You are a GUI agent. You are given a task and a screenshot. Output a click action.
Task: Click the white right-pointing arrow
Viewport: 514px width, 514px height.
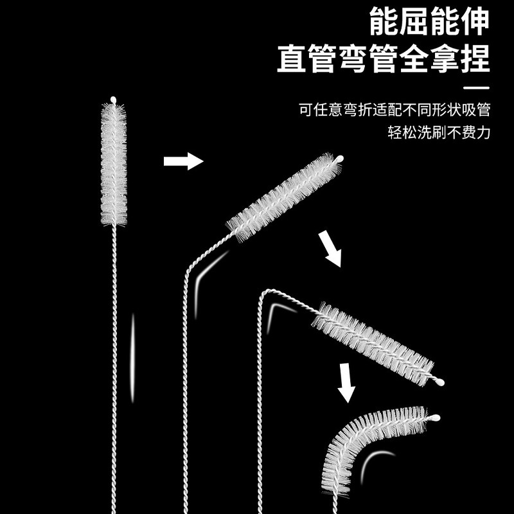point(183,161)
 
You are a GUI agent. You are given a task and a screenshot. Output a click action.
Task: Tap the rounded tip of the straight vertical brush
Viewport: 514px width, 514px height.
point(114,100)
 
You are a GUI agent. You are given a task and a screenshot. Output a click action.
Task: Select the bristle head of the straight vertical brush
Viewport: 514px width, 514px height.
point(114,164)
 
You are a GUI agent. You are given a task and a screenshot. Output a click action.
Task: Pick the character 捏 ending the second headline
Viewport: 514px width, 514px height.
point(475,59)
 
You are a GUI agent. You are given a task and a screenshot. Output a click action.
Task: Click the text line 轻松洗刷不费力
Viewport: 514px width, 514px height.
point(439,134)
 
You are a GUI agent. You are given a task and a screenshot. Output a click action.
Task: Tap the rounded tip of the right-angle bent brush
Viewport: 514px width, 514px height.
point(440,382)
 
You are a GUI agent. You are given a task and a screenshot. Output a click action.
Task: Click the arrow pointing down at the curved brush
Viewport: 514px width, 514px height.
point(347,383)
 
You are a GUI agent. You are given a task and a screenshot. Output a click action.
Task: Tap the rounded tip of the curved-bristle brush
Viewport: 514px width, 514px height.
point(435,418)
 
